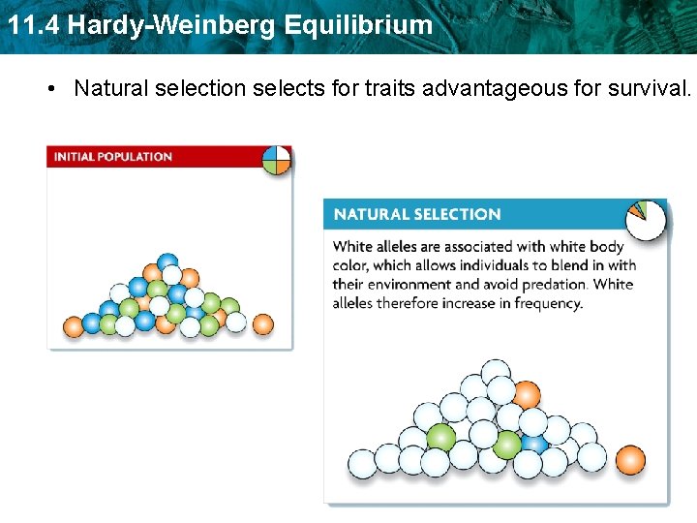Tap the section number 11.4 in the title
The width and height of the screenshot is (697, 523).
[x=32, y=25]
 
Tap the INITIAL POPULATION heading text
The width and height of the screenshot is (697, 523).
[x=113, y=157]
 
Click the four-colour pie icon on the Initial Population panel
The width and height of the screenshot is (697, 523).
[x=276, y=160]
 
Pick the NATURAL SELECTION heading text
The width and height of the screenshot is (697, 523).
[x=417, y=214]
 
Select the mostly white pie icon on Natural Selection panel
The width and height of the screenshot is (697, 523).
[x=646, y=219]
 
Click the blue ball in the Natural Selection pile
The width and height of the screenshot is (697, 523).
[x=534, y=444]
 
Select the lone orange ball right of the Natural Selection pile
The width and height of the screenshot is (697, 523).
[x=630, y=459]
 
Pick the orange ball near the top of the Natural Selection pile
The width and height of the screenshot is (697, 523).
[x=526, y=395]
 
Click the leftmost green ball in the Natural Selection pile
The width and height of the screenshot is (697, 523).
[x=440, y=438]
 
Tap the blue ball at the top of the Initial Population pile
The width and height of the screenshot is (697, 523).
[x=168, y=263]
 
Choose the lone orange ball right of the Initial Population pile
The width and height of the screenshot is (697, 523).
[x=262, y=323]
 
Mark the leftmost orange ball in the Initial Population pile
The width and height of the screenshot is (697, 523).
[x=74, y=326]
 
